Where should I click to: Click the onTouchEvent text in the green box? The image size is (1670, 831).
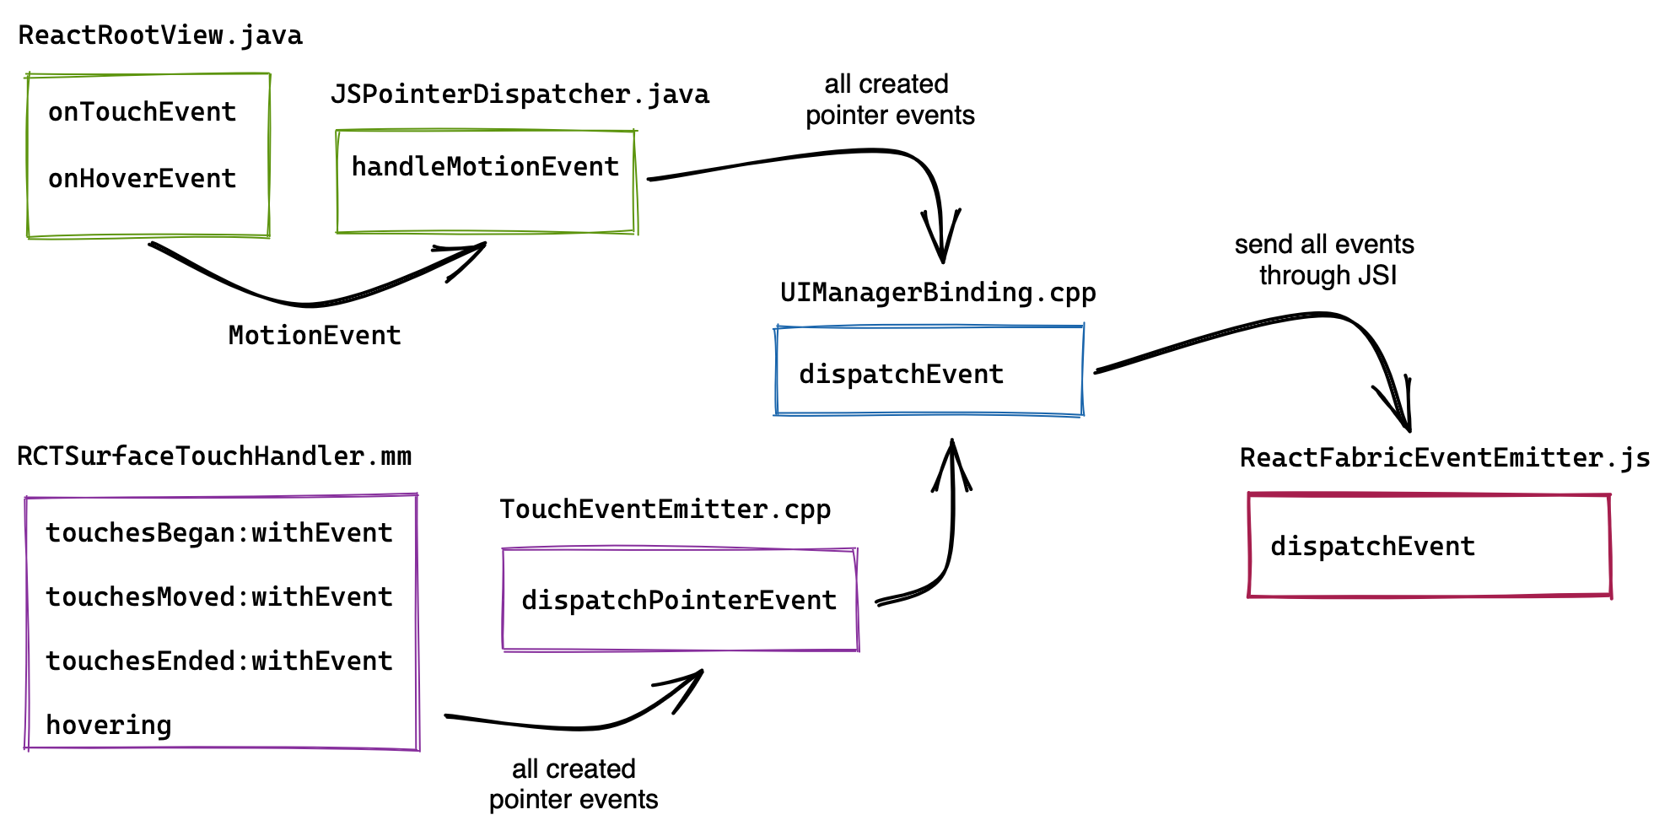click(142, 112)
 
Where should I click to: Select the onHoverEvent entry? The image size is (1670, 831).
click(142, 179)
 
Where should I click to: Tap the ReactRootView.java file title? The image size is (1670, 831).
click(160, 35)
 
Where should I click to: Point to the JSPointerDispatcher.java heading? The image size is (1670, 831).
click(520, 94)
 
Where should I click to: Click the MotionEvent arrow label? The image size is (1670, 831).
click(315, 336)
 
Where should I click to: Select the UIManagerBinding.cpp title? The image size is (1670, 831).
click(938, 293)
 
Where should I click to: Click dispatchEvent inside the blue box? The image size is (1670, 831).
click(901, 375)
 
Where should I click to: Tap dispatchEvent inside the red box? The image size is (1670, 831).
click(1372, 547)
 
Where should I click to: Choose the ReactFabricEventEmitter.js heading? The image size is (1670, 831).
click(1445, 458)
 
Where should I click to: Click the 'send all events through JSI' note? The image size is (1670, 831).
click(1325, 260)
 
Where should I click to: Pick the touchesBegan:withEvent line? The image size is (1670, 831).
click(219, 533)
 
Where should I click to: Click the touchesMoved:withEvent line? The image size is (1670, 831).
click(219, 597)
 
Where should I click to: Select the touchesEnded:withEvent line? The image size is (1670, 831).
click(219, 661)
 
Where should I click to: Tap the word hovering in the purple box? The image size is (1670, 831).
click(109, 726)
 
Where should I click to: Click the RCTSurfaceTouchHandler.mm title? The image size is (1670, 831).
click(214, 456)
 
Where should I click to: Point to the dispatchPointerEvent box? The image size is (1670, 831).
click(679, 601)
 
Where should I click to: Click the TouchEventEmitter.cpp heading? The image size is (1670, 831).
click(665, 510)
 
